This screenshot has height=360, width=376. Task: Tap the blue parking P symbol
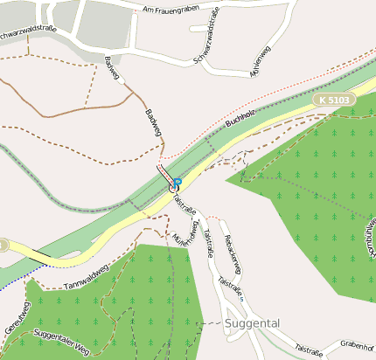[x=178, y=183]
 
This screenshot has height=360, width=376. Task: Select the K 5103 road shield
[x=334, y=100]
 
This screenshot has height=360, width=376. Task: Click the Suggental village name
[x=253, y=323]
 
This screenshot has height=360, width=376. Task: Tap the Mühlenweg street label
[x=261, y=67]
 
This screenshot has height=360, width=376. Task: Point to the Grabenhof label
[x=358, y=343]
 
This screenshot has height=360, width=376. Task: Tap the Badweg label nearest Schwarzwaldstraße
[x=111, y=69]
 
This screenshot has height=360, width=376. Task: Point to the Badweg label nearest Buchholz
[x=153, y=121]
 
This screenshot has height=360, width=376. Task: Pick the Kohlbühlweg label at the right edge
[x=370, y=241]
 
